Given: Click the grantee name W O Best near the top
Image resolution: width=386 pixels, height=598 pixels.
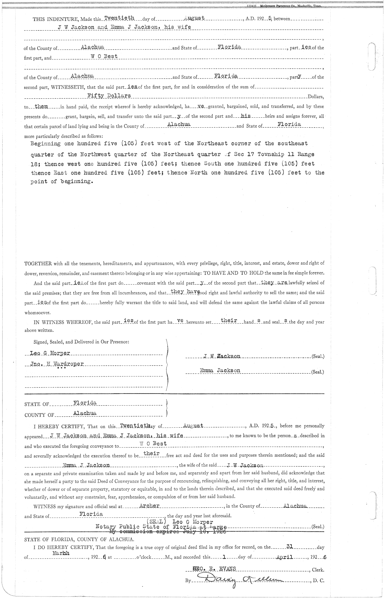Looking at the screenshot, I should (x=105, y=56).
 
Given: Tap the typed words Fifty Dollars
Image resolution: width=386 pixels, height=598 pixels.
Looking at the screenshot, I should (x=109, y=96).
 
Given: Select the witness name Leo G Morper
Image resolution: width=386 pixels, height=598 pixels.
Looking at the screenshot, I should (x=50, y=353).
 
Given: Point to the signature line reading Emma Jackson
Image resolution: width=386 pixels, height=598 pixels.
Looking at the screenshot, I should (x=220, y=370).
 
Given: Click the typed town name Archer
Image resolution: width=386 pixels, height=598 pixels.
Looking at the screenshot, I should (x=150, y=506).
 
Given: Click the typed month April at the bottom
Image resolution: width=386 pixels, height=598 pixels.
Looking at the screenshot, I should (x=284, y=557).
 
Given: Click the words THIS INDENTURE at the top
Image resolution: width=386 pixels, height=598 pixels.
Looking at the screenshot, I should (x=52, y=19).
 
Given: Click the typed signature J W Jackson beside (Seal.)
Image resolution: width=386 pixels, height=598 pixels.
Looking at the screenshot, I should (x=222, y=356).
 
